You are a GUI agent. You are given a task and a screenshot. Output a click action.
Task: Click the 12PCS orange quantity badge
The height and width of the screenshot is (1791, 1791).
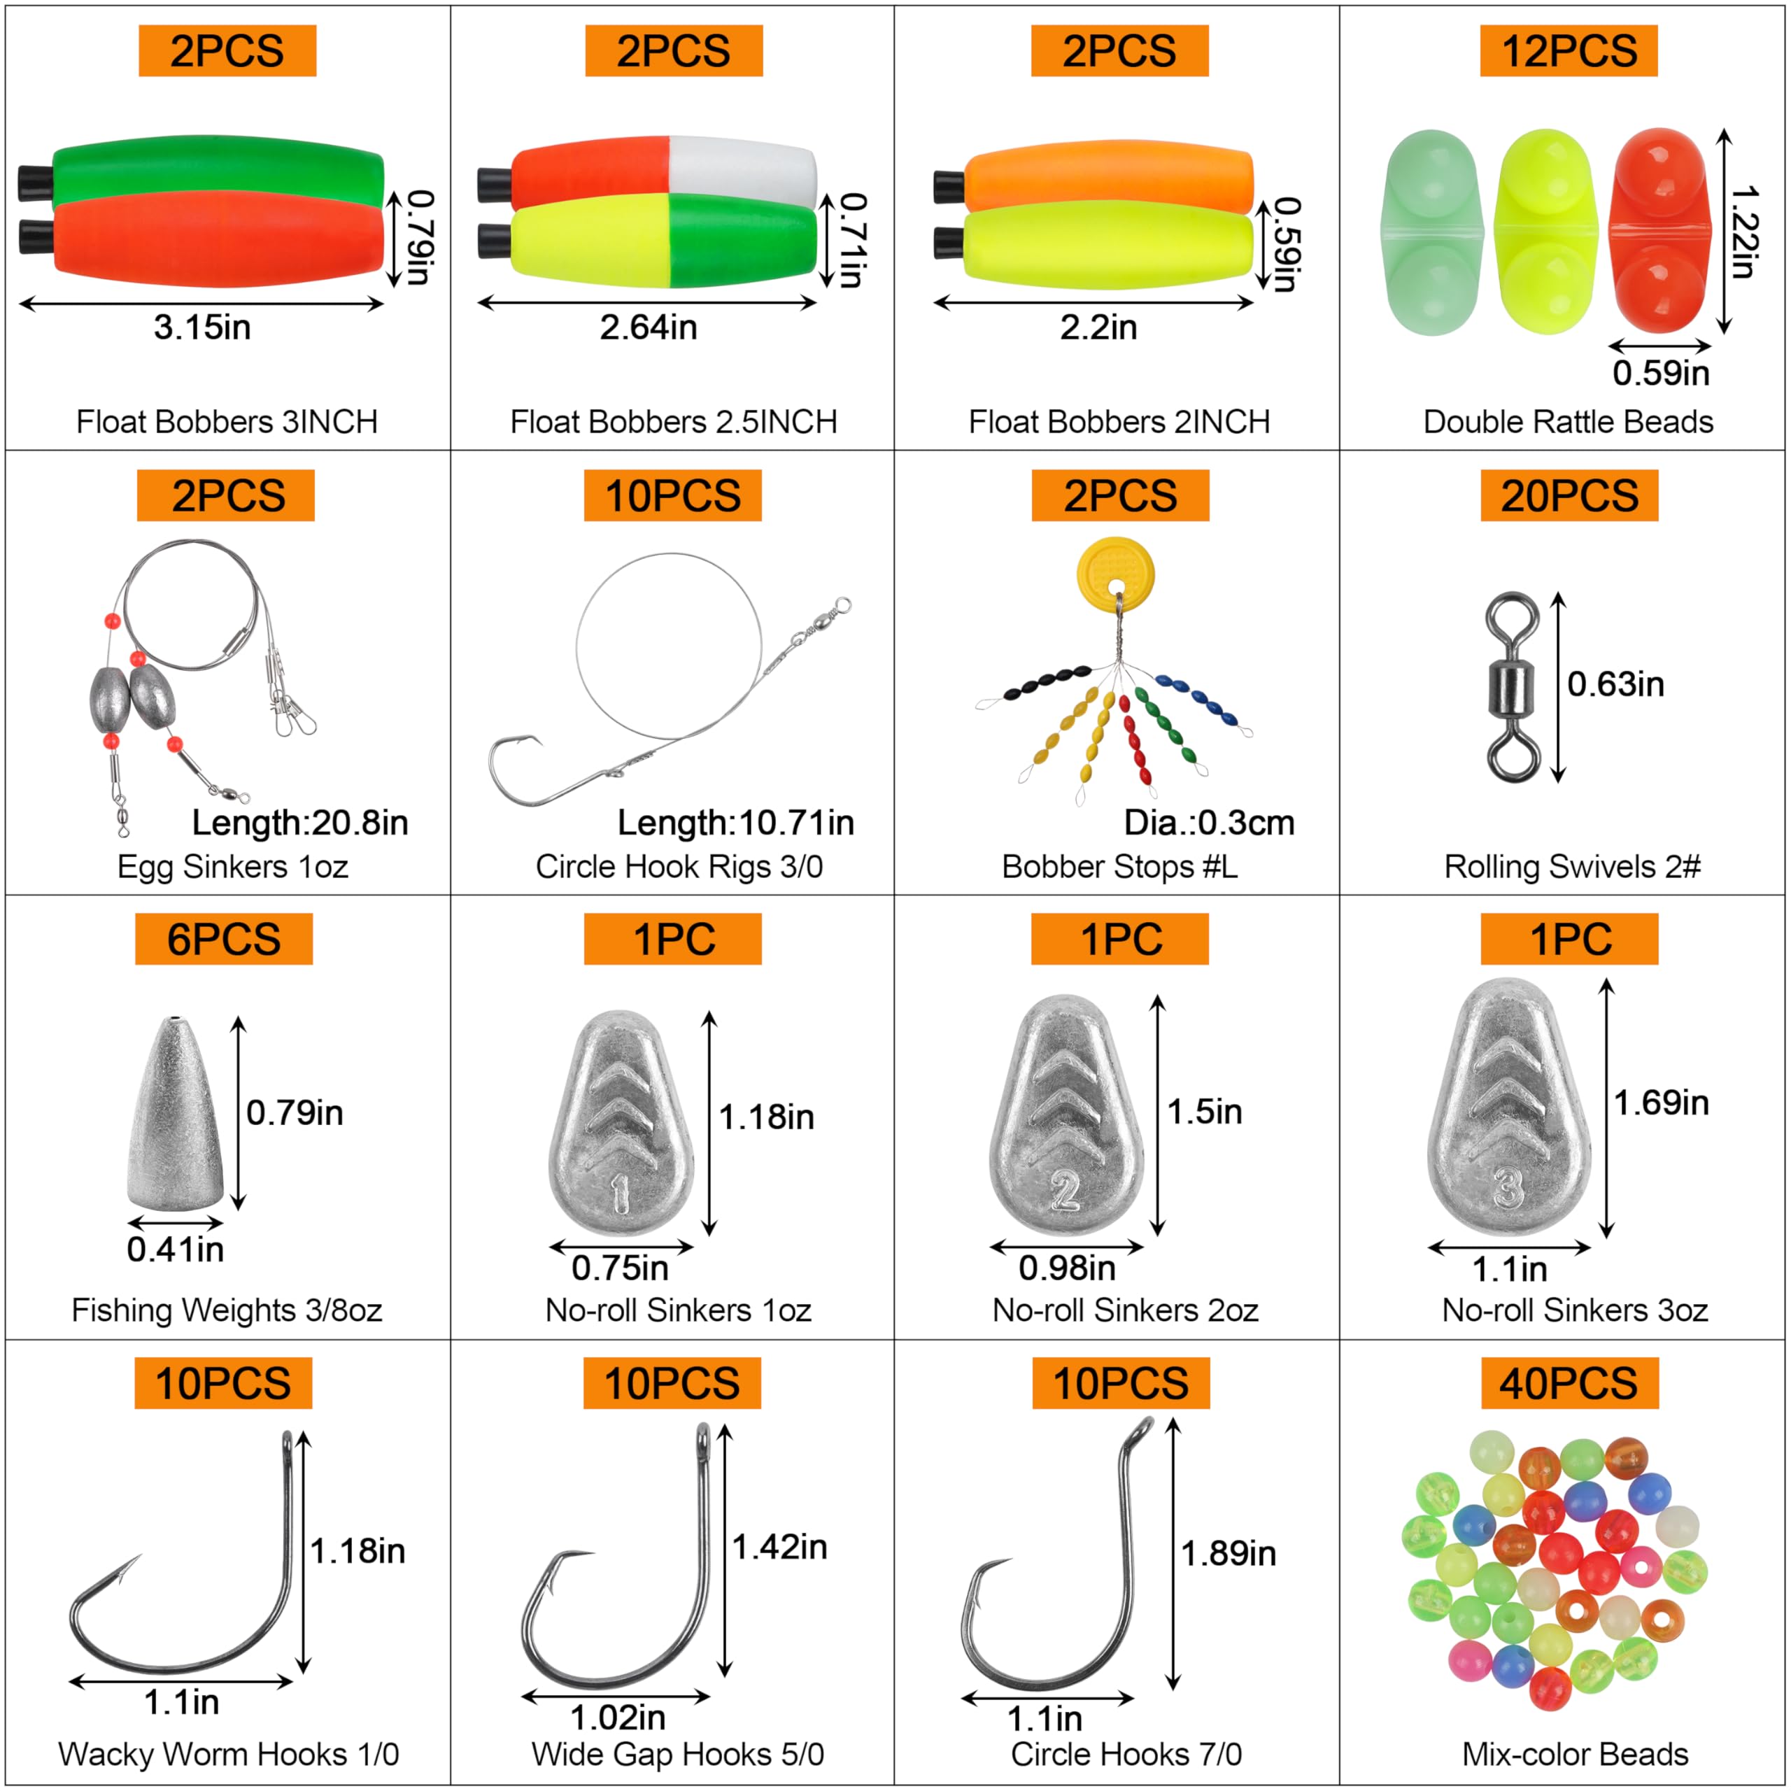[1568, 51]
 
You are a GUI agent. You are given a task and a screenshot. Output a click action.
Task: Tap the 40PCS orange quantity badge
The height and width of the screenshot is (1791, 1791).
[1569, 1383]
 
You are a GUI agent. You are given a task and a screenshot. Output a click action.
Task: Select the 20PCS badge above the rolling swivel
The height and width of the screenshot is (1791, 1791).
[1569, 495]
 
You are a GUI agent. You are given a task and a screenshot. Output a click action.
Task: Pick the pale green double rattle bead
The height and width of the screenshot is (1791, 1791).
[1431, 232]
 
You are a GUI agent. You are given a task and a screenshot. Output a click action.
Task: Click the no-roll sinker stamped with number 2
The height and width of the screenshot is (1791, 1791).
[1066, 1117]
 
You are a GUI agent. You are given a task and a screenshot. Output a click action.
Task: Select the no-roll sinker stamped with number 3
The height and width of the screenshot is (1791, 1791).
[1509, 1107]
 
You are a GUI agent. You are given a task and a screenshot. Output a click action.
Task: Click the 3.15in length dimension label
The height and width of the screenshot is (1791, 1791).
[202, 327]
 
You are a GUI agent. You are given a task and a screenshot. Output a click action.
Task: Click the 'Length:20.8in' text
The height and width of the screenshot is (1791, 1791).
[299, 822]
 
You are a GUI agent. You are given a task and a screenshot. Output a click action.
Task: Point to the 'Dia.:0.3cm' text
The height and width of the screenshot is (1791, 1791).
[1209, 822]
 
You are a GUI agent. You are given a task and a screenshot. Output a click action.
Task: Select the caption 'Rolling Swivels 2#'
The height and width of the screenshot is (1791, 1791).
[1572, 867]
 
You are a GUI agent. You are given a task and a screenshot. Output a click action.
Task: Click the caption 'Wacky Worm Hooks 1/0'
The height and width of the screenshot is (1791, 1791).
[228, 1754]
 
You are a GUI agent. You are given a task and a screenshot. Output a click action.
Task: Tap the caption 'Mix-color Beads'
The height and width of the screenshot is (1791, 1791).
[1574, 1754]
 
